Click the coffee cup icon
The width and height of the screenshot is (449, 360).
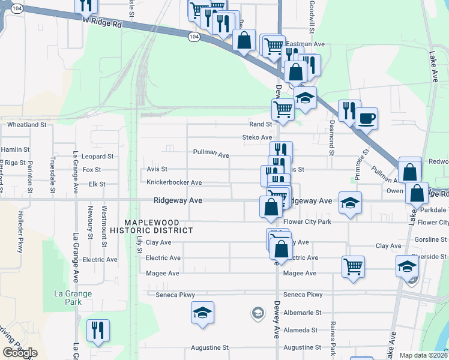click(x=366, y=117)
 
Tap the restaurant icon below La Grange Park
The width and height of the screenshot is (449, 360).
click(x=98, y=331)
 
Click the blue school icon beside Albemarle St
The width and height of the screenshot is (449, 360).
click(x=203, y=312)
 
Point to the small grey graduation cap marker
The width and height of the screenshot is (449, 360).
click(x=258, y=313)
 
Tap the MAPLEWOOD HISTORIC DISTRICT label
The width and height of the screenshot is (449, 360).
click(x=159, y=225)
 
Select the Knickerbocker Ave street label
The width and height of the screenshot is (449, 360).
click(x=170, y=182)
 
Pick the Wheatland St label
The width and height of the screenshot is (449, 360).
click(x=26, y=125)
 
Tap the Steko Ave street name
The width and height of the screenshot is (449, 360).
click(x=257, y=137)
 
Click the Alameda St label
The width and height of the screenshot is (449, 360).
click(x=301, y=330)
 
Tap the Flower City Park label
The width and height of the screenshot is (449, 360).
click(x=307, y=222)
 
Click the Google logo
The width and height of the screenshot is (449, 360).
click(x=19, y=352)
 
